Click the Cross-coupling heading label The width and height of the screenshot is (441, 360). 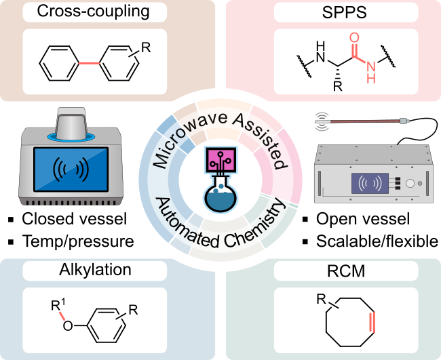point(93,12)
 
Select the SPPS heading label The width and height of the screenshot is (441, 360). point(345,12)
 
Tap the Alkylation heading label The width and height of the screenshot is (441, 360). point(95,270)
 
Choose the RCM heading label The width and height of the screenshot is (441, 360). point(346,271)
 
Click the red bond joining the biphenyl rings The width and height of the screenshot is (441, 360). point(89,64)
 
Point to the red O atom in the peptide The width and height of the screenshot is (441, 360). point(354,38)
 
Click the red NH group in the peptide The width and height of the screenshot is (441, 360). point(371,72)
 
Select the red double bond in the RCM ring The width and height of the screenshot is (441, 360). point(372,322)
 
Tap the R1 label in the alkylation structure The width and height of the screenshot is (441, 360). point(58,304)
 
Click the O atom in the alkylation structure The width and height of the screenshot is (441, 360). point(67,326)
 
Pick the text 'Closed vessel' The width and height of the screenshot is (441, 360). point(74,218)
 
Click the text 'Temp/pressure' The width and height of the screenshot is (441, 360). point(78,241)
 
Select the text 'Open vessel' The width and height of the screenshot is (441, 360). point(363,218)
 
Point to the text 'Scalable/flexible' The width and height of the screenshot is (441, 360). point(377,241)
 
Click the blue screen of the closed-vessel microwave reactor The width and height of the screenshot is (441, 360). point(71,169)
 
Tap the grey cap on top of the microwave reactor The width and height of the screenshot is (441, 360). point(71,123)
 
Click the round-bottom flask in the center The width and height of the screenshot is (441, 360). point(220,194)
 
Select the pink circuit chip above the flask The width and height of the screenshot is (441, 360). point(220,159)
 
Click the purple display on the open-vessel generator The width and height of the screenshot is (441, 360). point(370,183)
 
